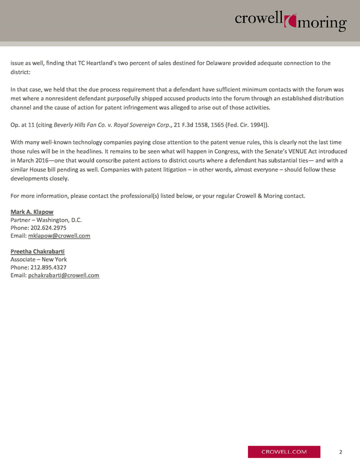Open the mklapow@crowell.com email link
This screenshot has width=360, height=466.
(x=59, y=236)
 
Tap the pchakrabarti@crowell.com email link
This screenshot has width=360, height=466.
(x=64, y=275)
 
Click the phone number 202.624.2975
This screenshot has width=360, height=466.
(x=48, y=228)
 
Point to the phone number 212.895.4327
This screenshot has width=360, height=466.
(x=48, y=267)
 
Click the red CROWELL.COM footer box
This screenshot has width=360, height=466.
(x=284, y=452)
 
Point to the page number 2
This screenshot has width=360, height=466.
(x=341, y=452)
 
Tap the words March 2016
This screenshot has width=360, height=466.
(x=32, y=160)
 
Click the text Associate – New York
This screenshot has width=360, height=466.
(x=39, y=259)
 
